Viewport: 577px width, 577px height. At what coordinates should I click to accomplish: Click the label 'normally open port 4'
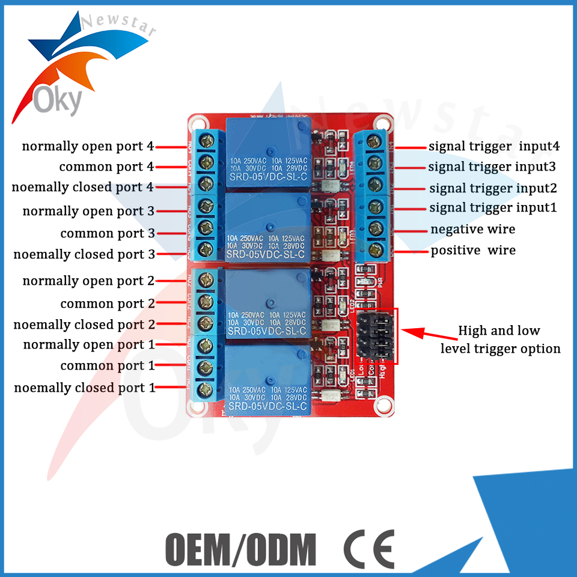pos(88,146)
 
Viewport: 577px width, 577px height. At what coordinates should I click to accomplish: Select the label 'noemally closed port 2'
pos(84,325)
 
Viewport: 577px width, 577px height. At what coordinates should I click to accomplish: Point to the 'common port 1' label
pos(103,365)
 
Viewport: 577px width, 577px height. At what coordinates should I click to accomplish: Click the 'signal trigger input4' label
pos(494,146)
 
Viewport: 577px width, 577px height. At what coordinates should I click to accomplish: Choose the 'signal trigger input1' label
pos(493,208)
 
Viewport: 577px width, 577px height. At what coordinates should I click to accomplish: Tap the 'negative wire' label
pos(472,229)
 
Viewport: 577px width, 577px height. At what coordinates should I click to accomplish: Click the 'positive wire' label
pos(473,250)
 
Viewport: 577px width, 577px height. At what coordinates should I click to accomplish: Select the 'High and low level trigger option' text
pos(500,340)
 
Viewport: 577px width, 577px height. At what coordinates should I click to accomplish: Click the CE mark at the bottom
pos(369,548)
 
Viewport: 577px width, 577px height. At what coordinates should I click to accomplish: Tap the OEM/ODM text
pos(240,548)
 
